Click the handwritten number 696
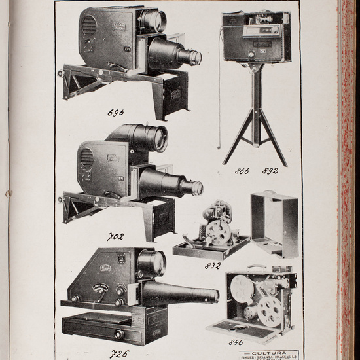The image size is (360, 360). tap(115, 112)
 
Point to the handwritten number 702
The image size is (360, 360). tap(115, 236)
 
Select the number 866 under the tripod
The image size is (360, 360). tap(242, 172)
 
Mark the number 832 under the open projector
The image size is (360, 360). tap(212, 265)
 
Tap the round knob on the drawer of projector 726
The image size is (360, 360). tap(120, 334)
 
